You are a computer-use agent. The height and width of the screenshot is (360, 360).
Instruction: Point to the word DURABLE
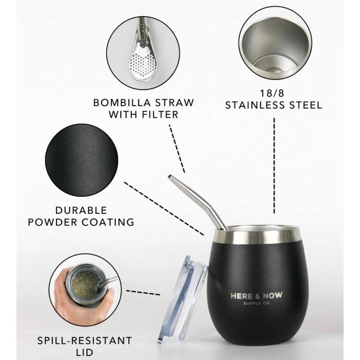81,210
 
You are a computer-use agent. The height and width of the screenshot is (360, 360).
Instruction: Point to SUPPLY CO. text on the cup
256,303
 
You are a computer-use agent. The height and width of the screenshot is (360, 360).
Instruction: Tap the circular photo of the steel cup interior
275,46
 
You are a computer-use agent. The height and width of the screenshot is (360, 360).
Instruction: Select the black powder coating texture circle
81,155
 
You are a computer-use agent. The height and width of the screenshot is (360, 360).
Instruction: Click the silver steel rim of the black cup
257,236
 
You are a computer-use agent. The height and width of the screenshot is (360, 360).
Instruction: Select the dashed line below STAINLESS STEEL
274,165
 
